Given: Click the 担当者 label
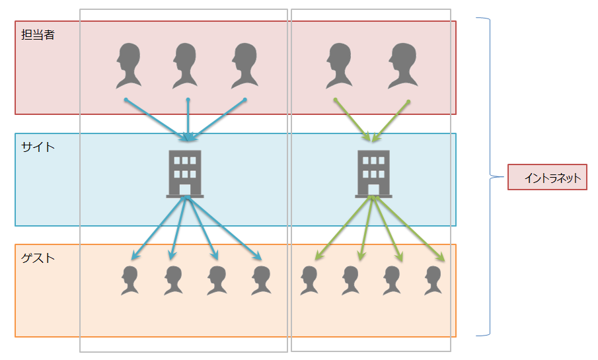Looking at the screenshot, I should [x=38, y=35].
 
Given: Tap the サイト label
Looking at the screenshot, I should [x=38, y=147].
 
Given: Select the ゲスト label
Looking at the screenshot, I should [x=38, y=258].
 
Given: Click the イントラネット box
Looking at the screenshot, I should [x=547, y=177].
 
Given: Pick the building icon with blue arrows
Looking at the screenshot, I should [x=185, y=174].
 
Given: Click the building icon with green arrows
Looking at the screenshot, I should [x=373, y=174].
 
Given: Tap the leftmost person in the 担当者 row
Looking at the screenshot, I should [x=128, y=66].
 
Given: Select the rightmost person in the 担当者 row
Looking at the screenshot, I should [x=402, y=66].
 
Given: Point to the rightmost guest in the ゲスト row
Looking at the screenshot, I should [x=433, y=280].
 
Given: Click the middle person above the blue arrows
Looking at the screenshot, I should [x=186, y=66].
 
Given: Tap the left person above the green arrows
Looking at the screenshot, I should [x=339, y=66].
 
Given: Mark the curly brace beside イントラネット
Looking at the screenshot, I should [x=490, y=176].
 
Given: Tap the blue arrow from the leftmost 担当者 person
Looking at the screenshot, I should [x=156, y=120].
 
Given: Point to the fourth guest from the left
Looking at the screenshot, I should [x=262, y=280].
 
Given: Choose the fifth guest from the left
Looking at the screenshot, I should [x=309, y=280].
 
